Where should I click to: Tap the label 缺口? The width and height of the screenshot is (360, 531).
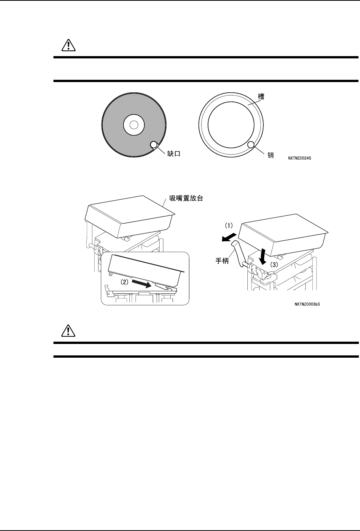(173, 154)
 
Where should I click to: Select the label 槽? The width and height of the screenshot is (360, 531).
(262, 97)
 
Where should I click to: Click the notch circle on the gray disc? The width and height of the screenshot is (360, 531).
(153, 144)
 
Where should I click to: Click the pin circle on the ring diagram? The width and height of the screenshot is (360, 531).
(251, 145)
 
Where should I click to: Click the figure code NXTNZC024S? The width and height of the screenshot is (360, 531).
(300, 157)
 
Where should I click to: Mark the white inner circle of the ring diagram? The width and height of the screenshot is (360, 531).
(231, 123)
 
